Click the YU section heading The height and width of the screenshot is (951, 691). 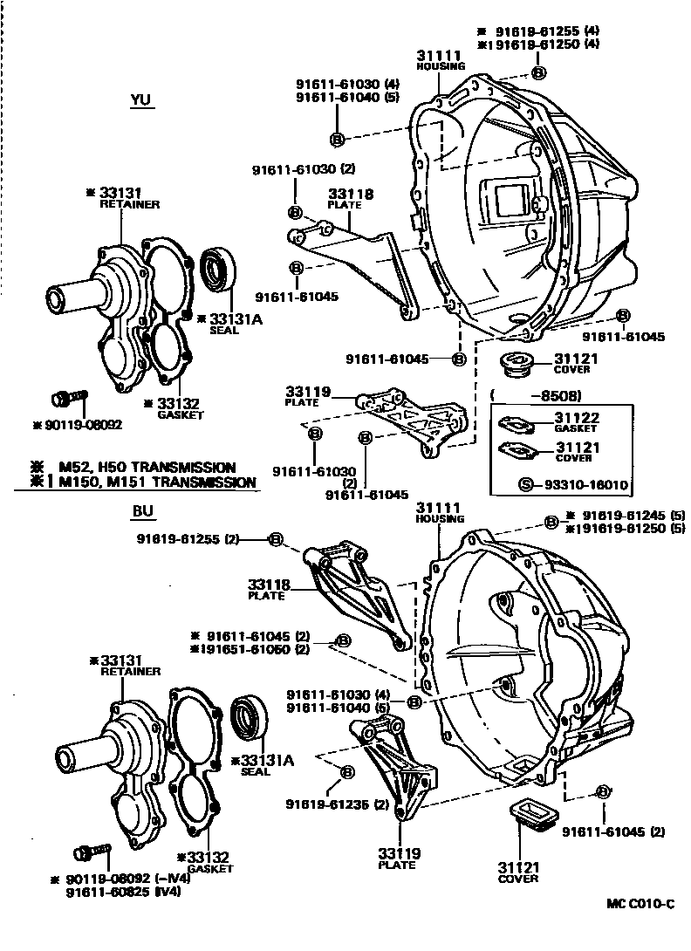[x=140, y=100]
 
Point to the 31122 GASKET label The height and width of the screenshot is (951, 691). [x=576, y=423]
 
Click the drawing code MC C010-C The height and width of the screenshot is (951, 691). [x=640, y=903]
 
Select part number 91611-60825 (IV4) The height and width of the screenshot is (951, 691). [x=127, y=892]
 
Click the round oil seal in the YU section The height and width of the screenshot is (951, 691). [x=217, y=268]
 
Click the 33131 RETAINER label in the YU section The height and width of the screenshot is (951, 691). [x=129, y=198]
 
